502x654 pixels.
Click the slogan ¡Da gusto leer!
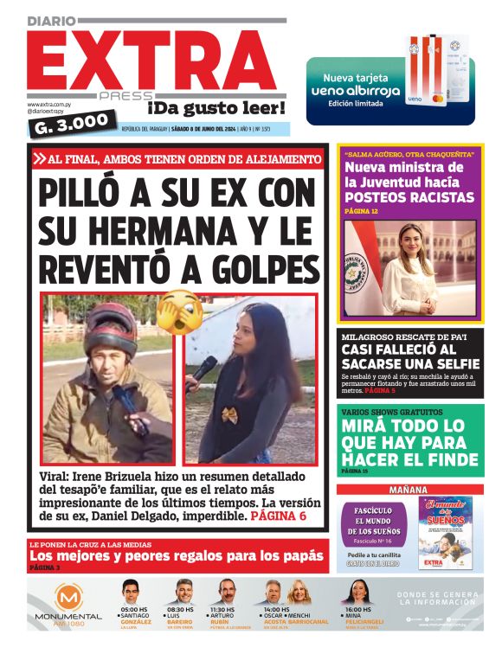pyautogui.click(x=216, y=107)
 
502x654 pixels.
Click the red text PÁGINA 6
pyautogui.click(x=279, y=516)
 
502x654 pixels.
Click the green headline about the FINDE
pyautogui.click(x=409, y=442)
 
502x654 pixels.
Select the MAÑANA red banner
pyautogui.click(x=409, y=490)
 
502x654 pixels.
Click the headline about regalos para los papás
pyautogui.click(x=164, y=555)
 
